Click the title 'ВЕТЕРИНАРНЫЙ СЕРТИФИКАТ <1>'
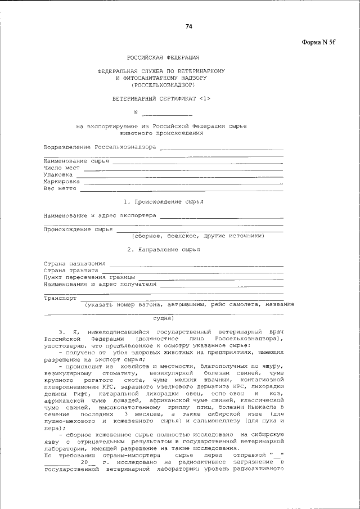(x=161, y=99)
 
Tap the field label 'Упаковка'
(x=58, y=175)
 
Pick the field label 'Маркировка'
(x=62, y=182)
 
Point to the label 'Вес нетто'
(x=60, y=189)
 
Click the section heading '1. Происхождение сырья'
(x=163, y=201)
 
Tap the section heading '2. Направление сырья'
(x=163, y=249)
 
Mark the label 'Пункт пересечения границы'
(x=89, y=277)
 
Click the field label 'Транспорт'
(x=60, y=298)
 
